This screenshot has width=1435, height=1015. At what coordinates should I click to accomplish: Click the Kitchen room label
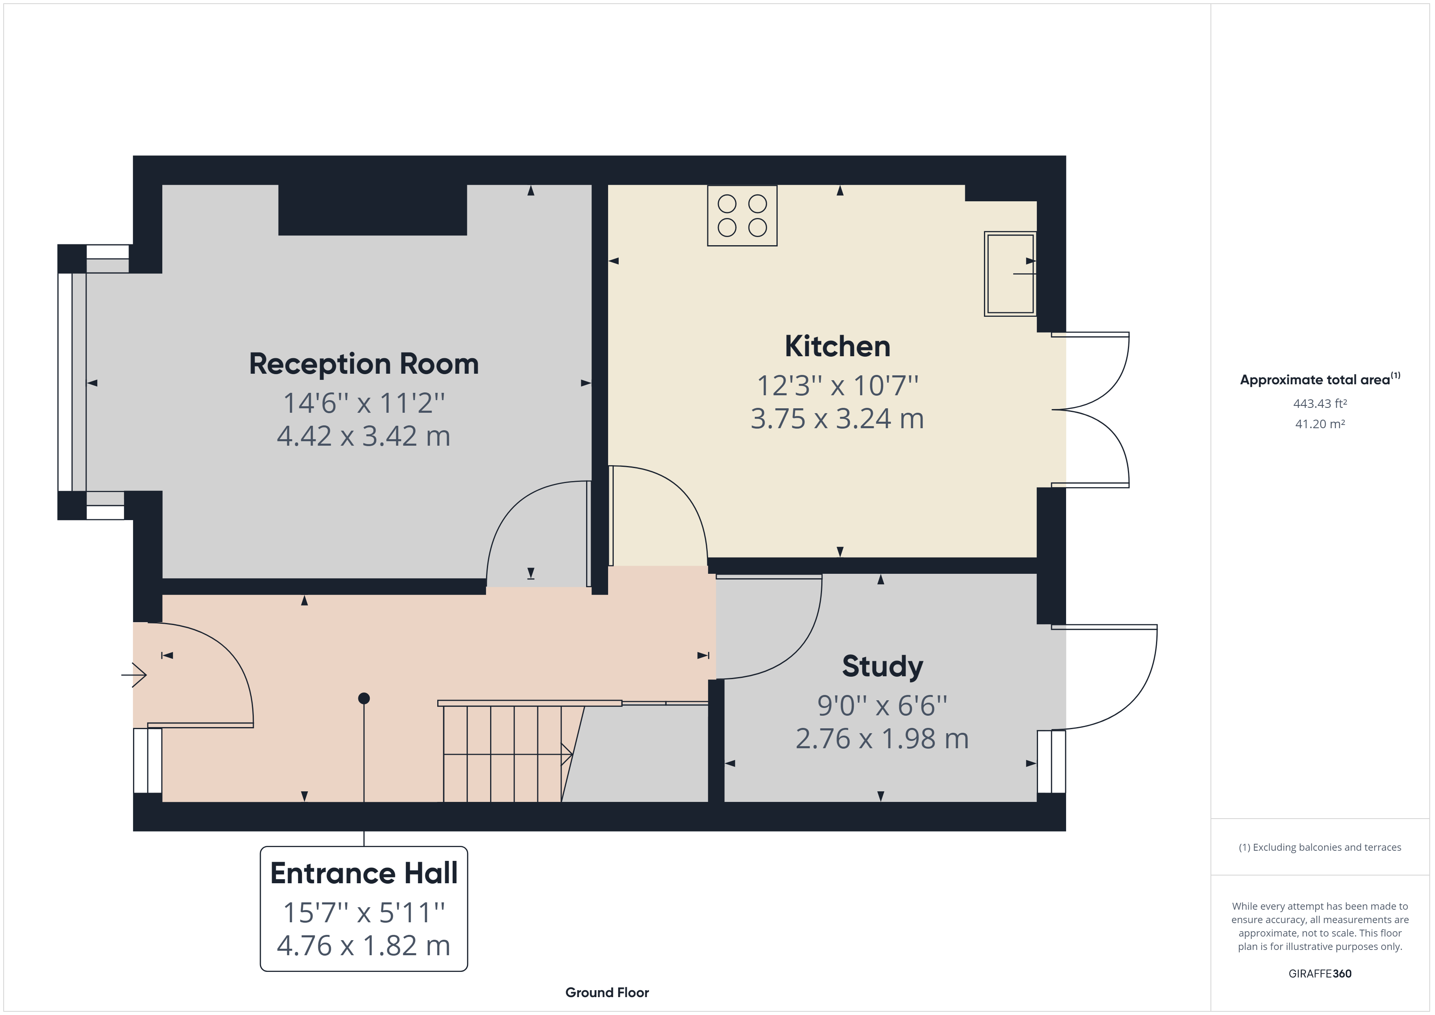click(837, 346)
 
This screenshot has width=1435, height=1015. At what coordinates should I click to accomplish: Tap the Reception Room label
click(364, 364)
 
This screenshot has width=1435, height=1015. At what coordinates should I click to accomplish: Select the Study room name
click(883, 666)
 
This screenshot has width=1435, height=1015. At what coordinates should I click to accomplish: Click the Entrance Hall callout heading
click(364, 873)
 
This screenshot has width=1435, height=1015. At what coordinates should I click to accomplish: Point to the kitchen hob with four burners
click(742, 216)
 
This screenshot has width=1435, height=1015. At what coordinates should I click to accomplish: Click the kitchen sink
click(1010, 274)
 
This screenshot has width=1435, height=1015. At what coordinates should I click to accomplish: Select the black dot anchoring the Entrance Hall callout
click(364, 698)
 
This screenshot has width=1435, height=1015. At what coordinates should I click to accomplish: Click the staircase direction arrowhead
click(567, 754)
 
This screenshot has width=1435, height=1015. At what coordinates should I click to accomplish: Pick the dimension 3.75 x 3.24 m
click(837, 419)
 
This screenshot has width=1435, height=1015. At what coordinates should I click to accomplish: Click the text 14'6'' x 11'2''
click(364, 403)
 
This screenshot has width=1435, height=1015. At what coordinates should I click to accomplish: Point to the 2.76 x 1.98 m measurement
click(883, 739)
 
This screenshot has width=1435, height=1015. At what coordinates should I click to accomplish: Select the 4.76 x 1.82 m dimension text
click(364, 945)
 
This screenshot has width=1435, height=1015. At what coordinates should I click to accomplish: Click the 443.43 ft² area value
click(1320, 404)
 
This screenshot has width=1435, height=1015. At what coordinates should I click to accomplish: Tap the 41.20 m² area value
click(1320, 424)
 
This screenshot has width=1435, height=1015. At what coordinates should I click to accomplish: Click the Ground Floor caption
click(607, 993)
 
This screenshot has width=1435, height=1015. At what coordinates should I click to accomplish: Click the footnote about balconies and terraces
click(1320, 847)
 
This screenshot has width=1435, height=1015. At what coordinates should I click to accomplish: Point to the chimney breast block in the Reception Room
click(373, 210)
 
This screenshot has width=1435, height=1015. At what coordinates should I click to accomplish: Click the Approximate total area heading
click(1320, 379)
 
